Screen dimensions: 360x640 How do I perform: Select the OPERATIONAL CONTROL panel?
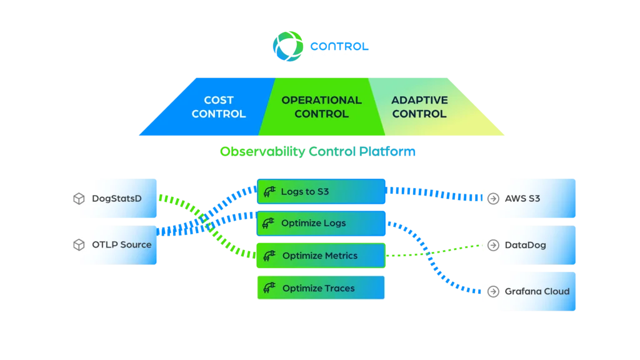tap(321, 107)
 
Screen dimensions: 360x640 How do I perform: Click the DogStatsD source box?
tap(112, 199)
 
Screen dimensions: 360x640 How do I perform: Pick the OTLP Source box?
tap(112, 244)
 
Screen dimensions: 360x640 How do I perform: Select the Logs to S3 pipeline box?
tap(321, 191)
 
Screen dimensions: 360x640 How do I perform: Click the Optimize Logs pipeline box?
tap(321, 223)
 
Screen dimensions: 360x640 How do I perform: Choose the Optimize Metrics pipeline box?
tap(321, 256)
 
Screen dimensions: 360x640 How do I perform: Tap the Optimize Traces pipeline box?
tap(321, 288)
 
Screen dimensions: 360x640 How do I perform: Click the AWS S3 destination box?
tap(529, 198)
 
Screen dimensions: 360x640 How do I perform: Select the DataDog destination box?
tap(529, 245)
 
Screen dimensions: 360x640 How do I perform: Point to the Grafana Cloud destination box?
tap(529, 291)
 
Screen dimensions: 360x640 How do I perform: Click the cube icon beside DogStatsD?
tap(79, 199)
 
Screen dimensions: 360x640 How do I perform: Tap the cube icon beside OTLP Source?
tap(79, 244)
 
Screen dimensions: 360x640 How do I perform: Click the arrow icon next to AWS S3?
tap(494, 199)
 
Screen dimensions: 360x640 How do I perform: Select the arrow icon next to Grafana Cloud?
tap(494, 291)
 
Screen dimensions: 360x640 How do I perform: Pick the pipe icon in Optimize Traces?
tap(270, 288)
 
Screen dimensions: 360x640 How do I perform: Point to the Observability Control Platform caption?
tap(318, 151)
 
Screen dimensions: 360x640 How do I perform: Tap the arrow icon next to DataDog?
tap(494, 245)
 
